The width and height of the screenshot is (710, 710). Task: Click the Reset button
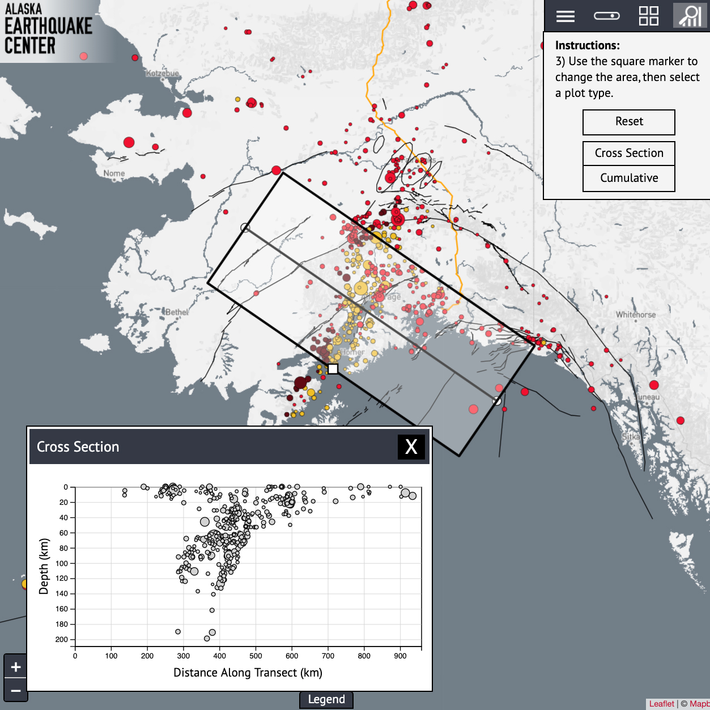629,122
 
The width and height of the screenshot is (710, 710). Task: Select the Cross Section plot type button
629,153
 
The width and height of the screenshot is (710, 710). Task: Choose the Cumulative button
629,178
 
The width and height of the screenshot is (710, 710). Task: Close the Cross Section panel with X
411,447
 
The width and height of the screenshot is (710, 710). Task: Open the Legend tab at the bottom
326,700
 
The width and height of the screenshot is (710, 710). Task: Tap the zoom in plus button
16,667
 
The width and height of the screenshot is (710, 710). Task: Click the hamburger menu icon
565,16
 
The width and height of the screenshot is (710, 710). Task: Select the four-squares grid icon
648,16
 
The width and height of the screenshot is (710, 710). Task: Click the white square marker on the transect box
333,369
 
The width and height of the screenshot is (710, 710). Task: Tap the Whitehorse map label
636,314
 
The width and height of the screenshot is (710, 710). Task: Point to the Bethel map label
177,312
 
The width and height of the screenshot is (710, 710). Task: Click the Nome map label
114,173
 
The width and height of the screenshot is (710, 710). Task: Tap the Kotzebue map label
162,74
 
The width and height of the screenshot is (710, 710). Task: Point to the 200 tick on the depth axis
62,639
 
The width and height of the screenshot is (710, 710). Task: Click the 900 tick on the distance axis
400,656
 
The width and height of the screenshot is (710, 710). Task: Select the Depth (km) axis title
44,566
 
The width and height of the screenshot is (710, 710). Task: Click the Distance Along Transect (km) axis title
248,673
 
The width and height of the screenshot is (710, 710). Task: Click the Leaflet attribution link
661,704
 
